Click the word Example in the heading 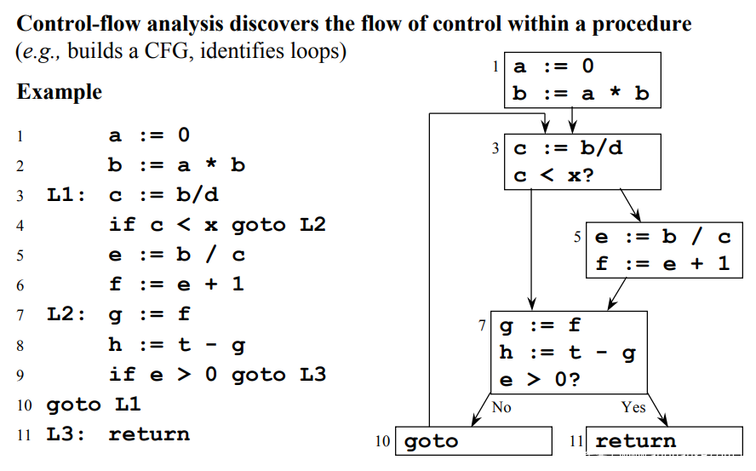60,92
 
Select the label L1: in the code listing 66,195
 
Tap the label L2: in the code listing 66,314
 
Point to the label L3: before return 66,434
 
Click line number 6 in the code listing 20,285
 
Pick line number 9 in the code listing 20,376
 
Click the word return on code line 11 150,434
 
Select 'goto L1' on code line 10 94,405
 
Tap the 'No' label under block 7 501,407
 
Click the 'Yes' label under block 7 633,407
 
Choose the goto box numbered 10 473,440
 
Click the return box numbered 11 664,440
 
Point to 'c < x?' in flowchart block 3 553,175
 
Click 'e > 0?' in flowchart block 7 540,380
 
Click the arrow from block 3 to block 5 630,205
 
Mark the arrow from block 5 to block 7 616,294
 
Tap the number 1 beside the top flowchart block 495,66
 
